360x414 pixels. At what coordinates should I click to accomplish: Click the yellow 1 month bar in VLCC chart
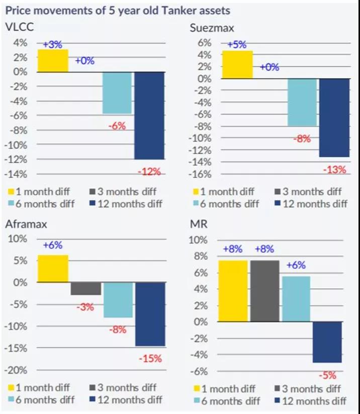(53, 60)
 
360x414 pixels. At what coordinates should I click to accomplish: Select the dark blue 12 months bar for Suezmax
(334, 118)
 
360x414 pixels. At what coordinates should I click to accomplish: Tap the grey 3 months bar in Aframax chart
(85, 288)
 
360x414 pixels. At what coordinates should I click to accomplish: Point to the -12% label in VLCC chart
(149, 172)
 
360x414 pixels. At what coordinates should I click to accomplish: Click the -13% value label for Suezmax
(334, 170)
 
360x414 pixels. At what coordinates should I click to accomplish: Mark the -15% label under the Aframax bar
(150, 359)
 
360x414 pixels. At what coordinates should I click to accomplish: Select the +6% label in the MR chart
(297, 267)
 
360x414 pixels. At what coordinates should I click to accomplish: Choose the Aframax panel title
(23, 225)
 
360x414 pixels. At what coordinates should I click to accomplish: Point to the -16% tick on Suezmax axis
(200, 174)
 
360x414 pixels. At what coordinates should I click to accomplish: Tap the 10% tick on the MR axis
(201, 240)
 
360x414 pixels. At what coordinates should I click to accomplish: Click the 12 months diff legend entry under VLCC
(129, 203)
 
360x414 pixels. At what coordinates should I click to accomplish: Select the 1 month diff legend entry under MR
(226, 388)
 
